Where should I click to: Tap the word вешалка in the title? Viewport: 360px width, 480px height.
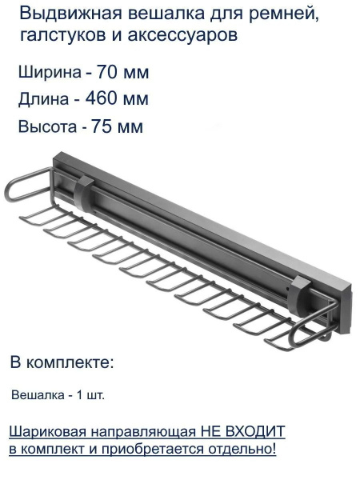146,14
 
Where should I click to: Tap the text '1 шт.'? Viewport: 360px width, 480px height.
89,395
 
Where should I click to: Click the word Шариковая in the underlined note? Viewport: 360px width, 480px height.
45,431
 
